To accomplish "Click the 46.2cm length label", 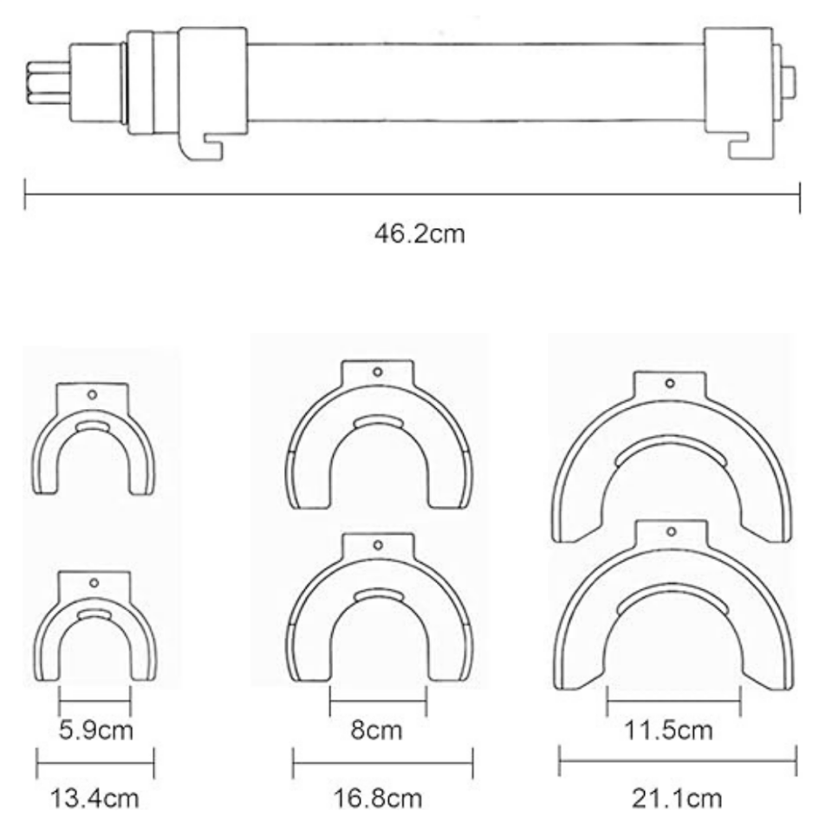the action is pos(419,233).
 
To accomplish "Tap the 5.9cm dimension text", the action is pos(95,730).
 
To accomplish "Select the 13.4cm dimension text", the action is pos(94,798).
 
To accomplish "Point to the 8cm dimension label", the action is pos(376,730).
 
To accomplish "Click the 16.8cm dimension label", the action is pos(378,798).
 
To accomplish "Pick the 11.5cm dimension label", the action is pos(668,730).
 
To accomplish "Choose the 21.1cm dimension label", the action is pos(677,798).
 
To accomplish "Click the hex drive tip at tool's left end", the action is pos(49,83).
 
